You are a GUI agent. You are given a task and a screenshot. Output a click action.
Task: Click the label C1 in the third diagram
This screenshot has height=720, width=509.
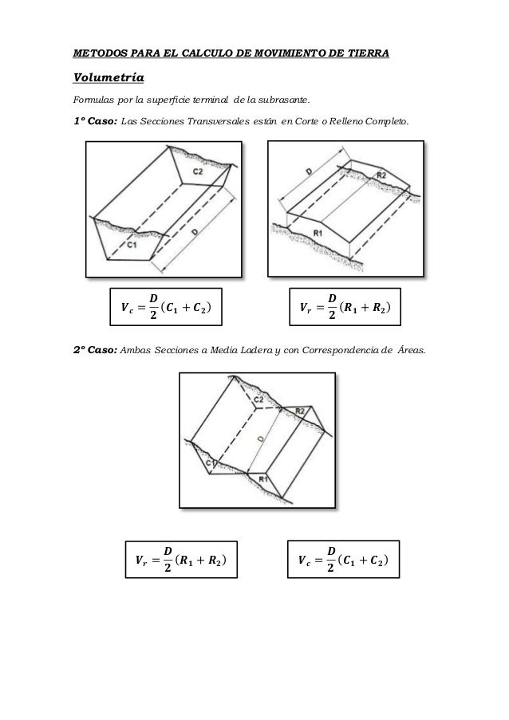pyautogui.click(x=209, y=463)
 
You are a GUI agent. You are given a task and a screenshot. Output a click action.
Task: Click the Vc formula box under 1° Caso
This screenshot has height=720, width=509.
pyautogui.click(x=166, y=305)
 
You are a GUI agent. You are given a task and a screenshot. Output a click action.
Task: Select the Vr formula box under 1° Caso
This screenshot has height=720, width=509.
pyautogui.click(x=345, y=305)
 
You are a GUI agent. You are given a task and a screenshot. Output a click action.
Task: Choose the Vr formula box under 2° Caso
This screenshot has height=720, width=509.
pyautogui.click(x=180, y=559)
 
